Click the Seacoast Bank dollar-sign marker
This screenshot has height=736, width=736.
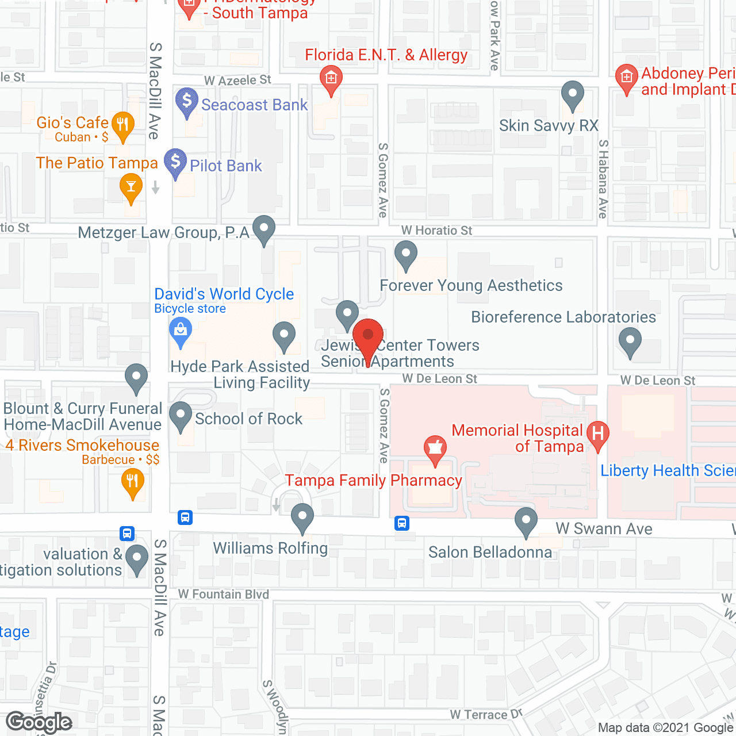[186, 101]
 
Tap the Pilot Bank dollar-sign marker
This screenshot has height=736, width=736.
[175, 162]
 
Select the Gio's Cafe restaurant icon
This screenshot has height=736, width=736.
[122, 125]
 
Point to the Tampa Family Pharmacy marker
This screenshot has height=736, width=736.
[435, 448]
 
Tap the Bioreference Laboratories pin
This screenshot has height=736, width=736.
[630, 340]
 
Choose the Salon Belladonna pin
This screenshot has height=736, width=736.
[526, 521]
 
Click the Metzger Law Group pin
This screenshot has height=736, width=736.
[264, 229]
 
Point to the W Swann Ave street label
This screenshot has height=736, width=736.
[604, 529]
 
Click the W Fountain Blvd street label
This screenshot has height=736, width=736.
[224, 595]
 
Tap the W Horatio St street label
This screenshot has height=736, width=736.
[436, 231]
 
